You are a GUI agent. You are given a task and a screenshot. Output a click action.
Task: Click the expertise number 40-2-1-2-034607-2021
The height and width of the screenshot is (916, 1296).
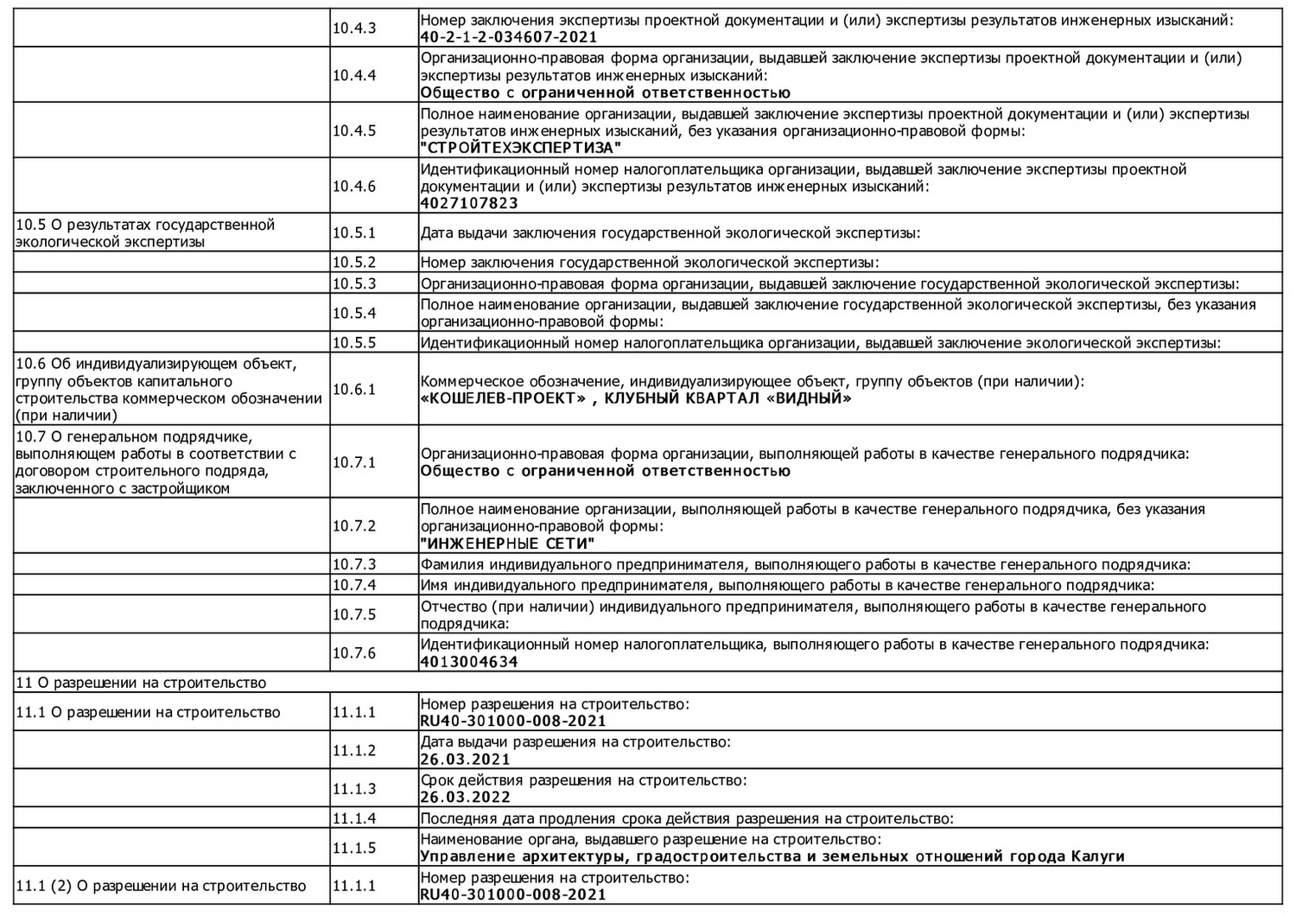[508, 37]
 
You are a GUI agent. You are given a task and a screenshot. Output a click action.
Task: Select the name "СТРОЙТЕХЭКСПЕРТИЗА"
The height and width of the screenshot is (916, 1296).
[521, 148]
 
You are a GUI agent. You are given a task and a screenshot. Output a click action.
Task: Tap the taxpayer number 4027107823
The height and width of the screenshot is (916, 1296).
[469, 203]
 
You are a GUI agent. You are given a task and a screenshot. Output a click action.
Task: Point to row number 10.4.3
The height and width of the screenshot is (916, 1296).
[354, 29]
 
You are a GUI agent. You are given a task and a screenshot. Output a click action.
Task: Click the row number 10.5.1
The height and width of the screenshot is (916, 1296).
[354, 232]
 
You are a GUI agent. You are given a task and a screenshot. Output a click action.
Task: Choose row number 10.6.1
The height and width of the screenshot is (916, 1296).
[354, 389]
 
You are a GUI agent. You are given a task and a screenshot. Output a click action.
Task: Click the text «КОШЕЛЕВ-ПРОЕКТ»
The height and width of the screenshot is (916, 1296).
[498, 398]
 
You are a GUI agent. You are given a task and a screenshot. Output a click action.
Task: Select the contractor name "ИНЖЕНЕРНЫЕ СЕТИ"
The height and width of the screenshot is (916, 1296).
[508, 544]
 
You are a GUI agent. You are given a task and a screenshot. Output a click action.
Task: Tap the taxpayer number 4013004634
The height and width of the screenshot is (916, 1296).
[469, 662]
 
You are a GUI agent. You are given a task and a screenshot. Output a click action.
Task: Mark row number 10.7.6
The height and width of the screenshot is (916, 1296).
[354, 652]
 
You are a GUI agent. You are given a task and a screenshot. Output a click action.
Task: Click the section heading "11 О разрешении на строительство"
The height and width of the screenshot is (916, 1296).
[141, 683]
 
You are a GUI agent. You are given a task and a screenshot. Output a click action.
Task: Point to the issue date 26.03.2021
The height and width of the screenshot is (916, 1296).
[465, 760]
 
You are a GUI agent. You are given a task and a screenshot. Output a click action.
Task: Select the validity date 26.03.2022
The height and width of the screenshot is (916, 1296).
[465, 798]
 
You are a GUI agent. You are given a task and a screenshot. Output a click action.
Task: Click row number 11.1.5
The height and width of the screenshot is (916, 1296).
[354, 848]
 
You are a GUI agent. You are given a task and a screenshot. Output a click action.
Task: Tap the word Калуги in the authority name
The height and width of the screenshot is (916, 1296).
[1097, 856]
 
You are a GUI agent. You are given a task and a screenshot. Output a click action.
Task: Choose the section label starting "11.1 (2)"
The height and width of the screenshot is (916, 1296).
[161, 886]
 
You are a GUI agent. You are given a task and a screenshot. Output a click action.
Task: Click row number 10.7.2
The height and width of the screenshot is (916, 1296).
[354, 525]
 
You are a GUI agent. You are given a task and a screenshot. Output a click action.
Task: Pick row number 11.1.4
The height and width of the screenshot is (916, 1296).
[354, 818]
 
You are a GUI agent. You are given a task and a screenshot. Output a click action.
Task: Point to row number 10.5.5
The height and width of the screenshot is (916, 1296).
[354, 342]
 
